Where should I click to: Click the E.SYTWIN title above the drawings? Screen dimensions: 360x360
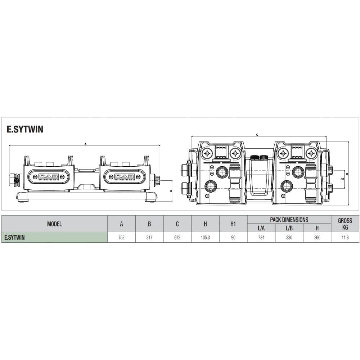pyautogui.click(x=25, y=129)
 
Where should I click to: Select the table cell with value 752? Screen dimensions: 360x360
pyautogui.click(x=121, y=237)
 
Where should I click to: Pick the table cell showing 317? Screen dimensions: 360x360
pyautogui.click(x=149, y=237)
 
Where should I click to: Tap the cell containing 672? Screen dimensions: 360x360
pyautogui.click(x=177, y=237)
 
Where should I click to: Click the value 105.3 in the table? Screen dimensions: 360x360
pyautogui.click(x=205, y=237)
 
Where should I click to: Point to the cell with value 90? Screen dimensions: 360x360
pyautogui.click(x=233, y=237)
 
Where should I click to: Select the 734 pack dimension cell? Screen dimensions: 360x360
pyautogui.click(x=261, y=237)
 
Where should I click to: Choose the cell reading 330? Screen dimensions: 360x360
pyautogui.click(x=289, y=237)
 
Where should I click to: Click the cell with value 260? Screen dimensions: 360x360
pyautogui.click(x=317, y=237)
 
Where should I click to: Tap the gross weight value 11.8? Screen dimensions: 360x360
pyautogui.click(x=345, y=237)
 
